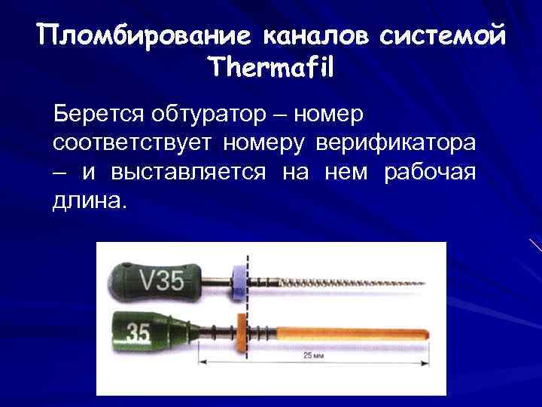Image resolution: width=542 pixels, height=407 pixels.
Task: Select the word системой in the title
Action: coord(438,35)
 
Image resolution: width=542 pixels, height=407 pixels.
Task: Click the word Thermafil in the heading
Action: coord(271,68)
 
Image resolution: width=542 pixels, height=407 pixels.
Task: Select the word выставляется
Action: coord(188,172)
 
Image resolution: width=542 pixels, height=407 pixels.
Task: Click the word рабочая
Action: coord(430,172)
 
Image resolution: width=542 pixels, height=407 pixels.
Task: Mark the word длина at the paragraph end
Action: coord(87,200)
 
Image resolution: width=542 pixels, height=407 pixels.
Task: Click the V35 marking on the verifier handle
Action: coord(162,280)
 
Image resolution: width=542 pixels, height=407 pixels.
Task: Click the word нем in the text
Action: coord(346,172)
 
